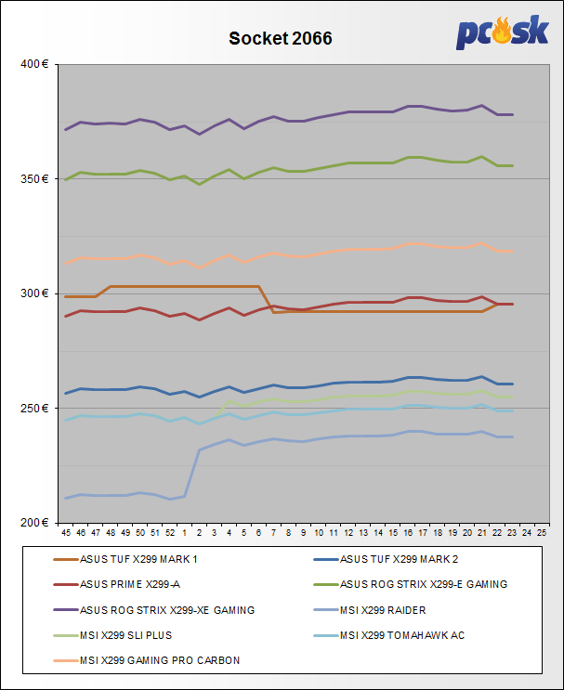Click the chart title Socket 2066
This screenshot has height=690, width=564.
coord(281,39)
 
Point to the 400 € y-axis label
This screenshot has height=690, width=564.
coord(35,64)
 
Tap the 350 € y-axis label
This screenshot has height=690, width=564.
coord(35,178)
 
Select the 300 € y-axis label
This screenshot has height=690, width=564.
coord(35,293)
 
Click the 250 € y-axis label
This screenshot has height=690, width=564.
coord(35,408)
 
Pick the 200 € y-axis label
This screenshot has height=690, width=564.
coord(35,522)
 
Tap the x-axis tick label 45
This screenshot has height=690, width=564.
coord(65,534)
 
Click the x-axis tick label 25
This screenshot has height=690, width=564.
coord(542,534)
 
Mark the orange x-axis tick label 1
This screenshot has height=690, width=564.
coord(184,534)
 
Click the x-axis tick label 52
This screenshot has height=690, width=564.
coord(169,534)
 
